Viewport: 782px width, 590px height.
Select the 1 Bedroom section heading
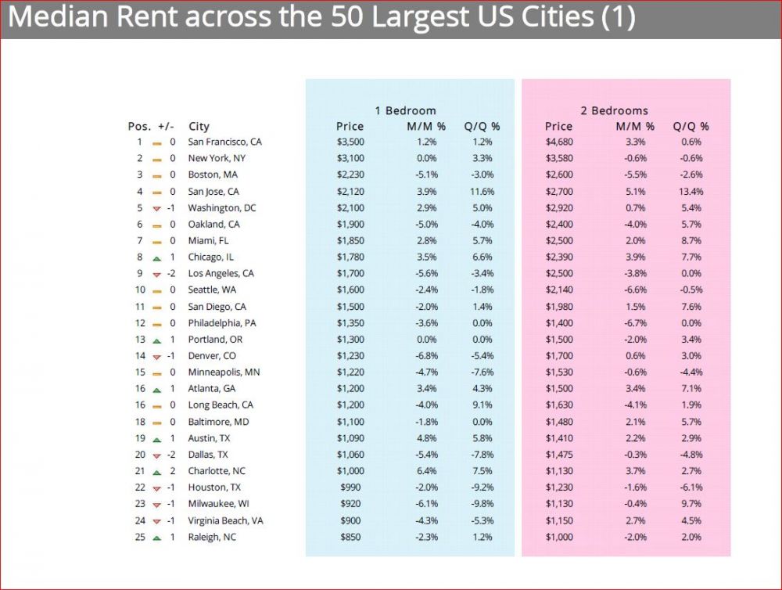(405, 110)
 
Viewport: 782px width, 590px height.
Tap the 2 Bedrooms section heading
(614, 110)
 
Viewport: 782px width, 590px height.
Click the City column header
(199, 126)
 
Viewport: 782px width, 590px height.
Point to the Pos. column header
(139, 126)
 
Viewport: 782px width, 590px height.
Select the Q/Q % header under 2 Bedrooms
(691, 126)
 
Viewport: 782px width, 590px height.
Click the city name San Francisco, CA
(224, 142)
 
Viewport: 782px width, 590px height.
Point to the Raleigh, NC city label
(212, 537)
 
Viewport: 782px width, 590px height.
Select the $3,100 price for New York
(350, 159)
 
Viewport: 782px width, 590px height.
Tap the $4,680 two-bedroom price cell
(559, 142)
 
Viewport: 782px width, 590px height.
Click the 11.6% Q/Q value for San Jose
(482, 192)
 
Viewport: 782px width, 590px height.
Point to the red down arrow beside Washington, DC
(156, 208)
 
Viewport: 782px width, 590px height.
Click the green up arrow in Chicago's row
(156, 257)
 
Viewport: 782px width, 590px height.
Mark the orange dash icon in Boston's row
(156, 175)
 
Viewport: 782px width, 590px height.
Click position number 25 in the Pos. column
(139, 537)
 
